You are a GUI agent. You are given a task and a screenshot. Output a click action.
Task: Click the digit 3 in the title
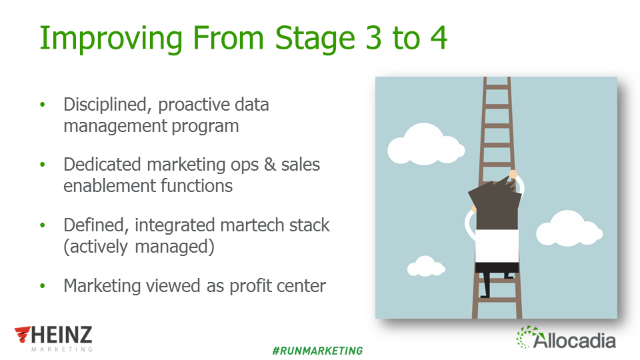point(373,38)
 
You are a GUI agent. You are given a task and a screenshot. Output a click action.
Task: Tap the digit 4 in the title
point(439,38)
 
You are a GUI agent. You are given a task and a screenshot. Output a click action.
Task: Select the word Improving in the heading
point(111,39)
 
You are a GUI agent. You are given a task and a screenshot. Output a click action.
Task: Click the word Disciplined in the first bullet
point(107,105)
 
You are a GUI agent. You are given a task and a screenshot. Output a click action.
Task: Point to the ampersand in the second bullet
point(270,165)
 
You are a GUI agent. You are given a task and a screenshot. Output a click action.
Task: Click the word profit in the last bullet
point(251,287)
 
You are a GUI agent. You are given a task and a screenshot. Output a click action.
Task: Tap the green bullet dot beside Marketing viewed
point(43,286)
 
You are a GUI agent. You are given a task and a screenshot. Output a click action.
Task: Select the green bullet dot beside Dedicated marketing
point(43,165)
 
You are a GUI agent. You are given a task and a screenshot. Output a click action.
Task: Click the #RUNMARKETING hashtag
point(317,351)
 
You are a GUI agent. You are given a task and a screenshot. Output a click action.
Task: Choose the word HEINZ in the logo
point(61,335)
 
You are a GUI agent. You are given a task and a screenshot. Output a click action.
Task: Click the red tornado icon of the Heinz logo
point(23,334)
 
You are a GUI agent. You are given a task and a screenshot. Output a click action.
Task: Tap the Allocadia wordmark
point(574,340)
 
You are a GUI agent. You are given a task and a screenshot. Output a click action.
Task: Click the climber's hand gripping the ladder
point(513,175)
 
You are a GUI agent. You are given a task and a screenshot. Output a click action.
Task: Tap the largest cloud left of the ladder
point(426,145)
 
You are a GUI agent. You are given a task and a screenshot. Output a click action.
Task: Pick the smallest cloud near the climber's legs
point(426,266)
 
